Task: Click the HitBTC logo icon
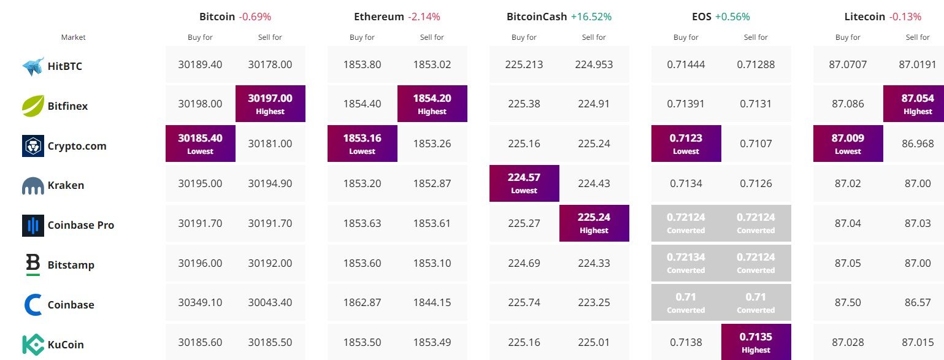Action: [x=33, y=66]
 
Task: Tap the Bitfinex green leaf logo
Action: [x=33, y=106]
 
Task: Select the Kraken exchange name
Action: [x=66, y=185]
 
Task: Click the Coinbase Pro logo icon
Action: [x=33, y=225]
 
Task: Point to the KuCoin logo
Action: [x=33, y=345]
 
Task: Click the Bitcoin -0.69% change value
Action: [x=255, y=17]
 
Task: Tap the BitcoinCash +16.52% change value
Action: [x=591, y=17]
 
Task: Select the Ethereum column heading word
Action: [x=379, y=17]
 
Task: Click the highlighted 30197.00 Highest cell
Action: [x=270, y=104]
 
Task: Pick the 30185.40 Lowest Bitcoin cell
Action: [x=200, y=144]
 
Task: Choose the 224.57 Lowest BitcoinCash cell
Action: [x=524, y=183]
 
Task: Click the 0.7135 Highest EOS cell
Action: [x=756, y=342]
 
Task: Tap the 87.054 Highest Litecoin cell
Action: [x=914, y=104]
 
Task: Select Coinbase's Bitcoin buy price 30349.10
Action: [x=200, y=302]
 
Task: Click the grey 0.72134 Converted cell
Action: [x=686, y=262]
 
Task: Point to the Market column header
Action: [x=74, y=37]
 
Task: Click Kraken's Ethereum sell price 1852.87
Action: [x=432, y=183]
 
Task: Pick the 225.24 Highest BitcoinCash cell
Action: [x=594, y=223]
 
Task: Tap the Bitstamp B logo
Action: [x=33, y=265]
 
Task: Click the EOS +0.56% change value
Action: [x=732, y=17]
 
